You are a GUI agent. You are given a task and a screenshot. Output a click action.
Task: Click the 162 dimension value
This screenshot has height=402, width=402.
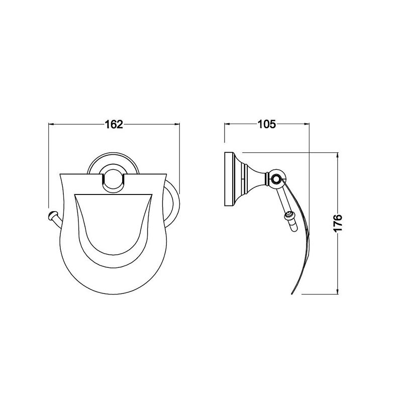114,125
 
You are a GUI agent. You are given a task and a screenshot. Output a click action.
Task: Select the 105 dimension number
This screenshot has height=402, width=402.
267,124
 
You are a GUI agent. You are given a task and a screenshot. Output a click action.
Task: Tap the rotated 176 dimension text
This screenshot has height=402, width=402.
338,223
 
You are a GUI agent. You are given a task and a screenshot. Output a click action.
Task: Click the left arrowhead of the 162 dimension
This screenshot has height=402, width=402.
51,124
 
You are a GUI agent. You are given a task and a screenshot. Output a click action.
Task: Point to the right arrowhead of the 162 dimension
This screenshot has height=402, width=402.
177,124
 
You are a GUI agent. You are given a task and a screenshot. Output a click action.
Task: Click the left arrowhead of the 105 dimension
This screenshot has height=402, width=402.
227,124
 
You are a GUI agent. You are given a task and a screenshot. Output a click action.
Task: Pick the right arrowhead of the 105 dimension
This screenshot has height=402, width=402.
307,124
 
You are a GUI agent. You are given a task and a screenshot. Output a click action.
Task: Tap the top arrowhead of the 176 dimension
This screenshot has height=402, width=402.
338,155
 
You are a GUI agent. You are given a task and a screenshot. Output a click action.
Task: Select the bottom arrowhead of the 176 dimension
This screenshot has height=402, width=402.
338,291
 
